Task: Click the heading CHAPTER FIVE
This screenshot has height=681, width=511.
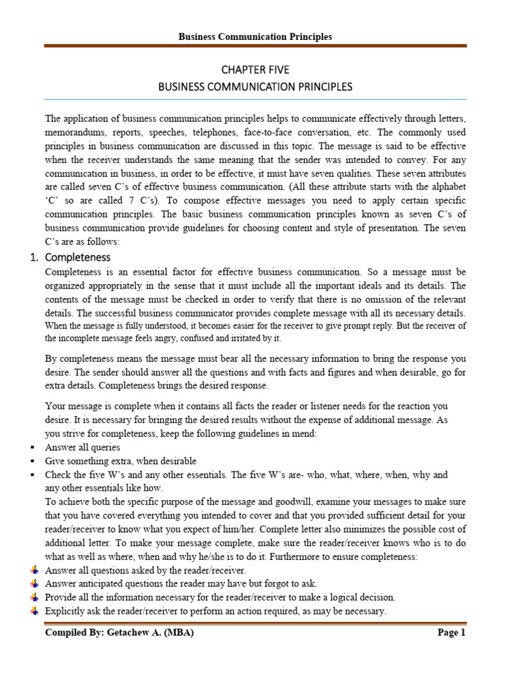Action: click(x=255, y=69)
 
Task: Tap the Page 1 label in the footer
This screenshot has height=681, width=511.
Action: click(x=451, y=632)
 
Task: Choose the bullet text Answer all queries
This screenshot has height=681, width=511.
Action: click(x=83, y=448)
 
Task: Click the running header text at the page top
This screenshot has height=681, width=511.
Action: click(x=255, y=37)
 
